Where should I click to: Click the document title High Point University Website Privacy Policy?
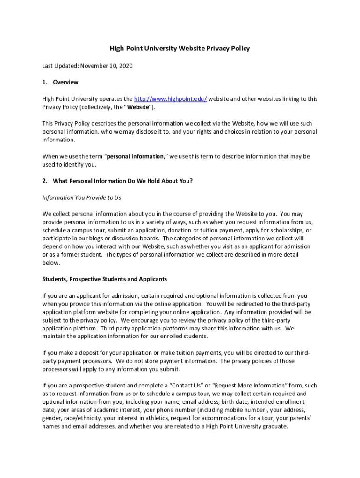point(180,49)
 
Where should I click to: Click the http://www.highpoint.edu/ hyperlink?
point(171,99)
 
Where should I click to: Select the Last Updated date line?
point(87,66)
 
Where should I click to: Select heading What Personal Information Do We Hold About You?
point(122,181)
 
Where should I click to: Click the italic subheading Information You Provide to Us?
point(81,197)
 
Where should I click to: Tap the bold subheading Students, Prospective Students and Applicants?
point(105,279)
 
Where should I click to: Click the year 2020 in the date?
point(125,66)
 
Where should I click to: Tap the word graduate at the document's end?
point(273,427)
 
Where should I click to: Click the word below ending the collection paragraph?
point(51,263)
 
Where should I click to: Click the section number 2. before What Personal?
point(45,181)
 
